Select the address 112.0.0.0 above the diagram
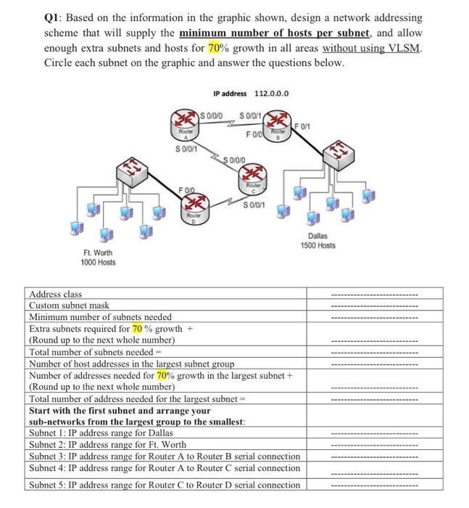tap(270, 94)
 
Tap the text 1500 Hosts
tap(318, 246)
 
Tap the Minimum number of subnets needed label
tap(100, 316)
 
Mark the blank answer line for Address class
tap(374, 295)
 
